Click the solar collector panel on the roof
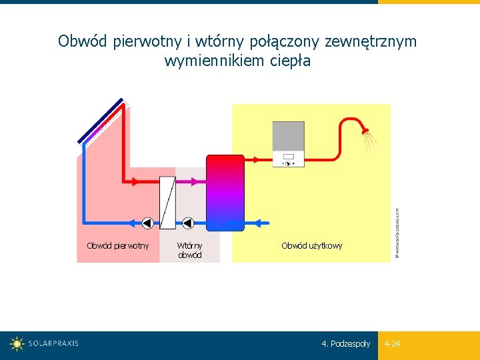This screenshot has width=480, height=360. [x=101, y=121]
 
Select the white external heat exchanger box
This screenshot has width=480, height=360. [x=167, y=203]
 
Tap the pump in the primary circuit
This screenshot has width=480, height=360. [x=148, y=223]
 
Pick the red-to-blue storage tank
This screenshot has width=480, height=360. [x=225, y=193]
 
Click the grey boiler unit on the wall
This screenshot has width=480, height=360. [x=288, y=143]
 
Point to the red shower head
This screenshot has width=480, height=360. [x=364, y=129]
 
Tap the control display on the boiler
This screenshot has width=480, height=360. [x=289, y=159]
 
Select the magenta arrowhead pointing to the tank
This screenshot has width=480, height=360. [x=196, y=181]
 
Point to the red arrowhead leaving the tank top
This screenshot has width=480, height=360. [x=256, y=159]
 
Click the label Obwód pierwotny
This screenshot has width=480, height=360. [x=118, y=246]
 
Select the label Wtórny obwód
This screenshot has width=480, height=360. [x=189, y=250]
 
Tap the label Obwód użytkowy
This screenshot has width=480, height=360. [x=311, y=246]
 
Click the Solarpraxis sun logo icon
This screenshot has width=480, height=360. [x=17, y=344]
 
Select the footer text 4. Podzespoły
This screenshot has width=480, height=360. [x=345, y=344]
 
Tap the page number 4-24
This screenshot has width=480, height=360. [x=392, y=344]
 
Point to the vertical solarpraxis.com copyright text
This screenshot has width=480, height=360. [x=397, y=232]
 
